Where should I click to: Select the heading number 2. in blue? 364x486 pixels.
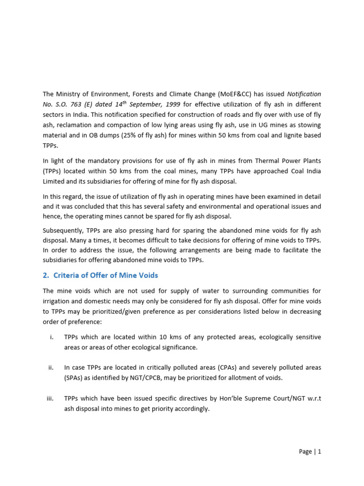(x=46, y=275)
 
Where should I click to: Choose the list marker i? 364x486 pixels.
(x=51, y=337)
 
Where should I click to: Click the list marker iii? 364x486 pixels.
(x=49, y=398)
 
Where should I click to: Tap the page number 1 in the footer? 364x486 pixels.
(x=319, y=452)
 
